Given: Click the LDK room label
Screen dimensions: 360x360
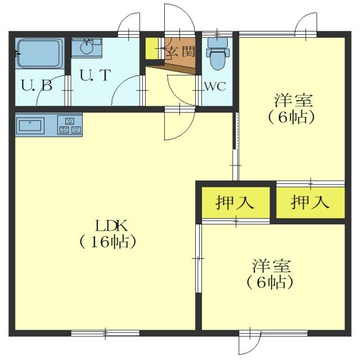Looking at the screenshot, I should point(111,226).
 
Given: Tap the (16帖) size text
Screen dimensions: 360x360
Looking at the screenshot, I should point(107,242).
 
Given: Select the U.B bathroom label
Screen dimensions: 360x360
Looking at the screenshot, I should point(37,87).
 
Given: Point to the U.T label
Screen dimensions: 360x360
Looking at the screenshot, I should point(94,75).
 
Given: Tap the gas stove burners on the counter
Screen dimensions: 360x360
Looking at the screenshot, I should point(69,125).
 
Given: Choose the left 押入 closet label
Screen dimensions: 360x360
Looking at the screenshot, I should point(236,201).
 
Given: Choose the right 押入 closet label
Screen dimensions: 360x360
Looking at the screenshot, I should point(310,201).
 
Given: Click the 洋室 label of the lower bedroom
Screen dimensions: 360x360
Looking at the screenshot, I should point(271,265).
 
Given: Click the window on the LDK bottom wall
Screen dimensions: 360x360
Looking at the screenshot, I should point(97,332).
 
